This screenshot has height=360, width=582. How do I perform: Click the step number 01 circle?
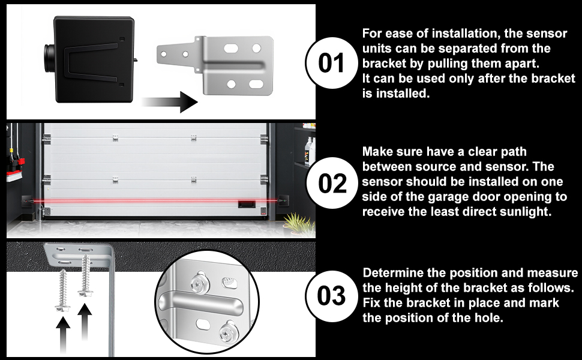click(331, 63)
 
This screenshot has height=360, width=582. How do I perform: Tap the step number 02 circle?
click(332, 182)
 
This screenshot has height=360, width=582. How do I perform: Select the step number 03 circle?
click(331, 296)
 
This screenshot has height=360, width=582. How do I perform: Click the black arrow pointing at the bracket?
click(169, 101)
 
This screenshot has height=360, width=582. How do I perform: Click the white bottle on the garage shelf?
click(308, 151)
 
